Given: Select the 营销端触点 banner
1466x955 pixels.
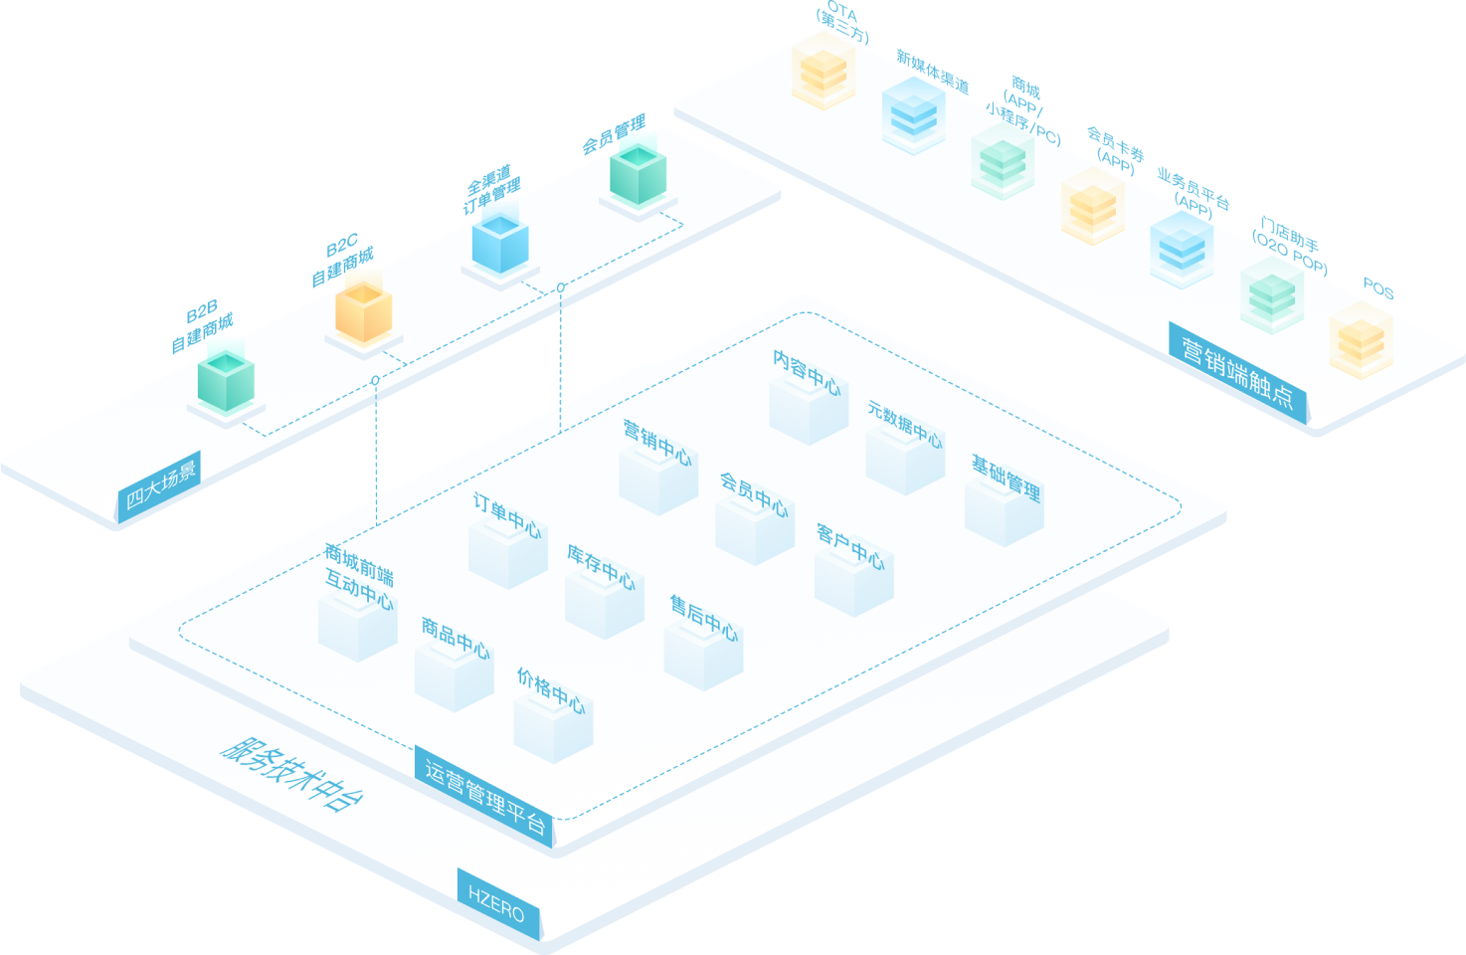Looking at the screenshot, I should [x=1237, y=372].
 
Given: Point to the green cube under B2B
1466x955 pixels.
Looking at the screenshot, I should [x=226, y=381].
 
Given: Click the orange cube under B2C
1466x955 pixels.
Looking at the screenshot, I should [x=363, y=312].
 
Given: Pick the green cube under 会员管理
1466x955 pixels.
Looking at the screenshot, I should [x=638, y=175].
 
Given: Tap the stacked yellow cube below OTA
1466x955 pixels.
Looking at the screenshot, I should [x=824, y=74].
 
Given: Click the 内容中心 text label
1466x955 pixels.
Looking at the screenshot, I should [x=807, y=371].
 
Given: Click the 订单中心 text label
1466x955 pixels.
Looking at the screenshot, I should [x=507, y=514].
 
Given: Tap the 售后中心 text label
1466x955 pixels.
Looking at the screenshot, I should [x=704, y=618].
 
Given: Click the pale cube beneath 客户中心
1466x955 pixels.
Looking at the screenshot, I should [x=853, y=582].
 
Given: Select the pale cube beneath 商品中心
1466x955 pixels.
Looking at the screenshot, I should [x=454, y=677].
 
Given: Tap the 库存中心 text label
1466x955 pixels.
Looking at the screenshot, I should [x=601, y=566].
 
